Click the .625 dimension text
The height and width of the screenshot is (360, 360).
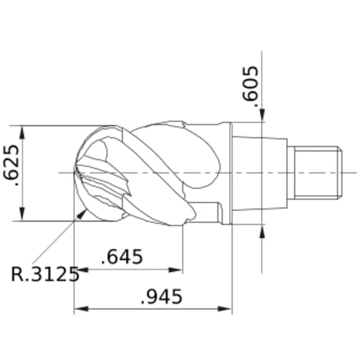pyautogui.click(x=14, y=174)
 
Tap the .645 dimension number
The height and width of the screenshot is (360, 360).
pyautogui.click(x=122, y=257)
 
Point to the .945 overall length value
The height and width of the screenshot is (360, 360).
pyautogui.click(x=160, y=296)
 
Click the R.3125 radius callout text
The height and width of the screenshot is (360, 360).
pyautogui.click(x=45, y=275)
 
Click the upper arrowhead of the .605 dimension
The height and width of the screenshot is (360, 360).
pyautogui.click(x=262, y=114)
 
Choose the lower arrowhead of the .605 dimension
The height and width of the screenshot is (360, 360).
pyautogui.click(x=262, y=231)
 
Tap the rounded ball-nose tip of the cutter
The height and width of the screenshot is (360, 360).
pyautogui.click(x=81, y=173)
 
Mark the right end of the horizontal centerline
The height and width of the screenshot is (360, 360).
pyautogui.click(x=355, y=173)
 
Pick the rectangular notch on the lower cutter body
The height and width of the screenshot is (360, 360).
pyautogui.click(x=209, y=212)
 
